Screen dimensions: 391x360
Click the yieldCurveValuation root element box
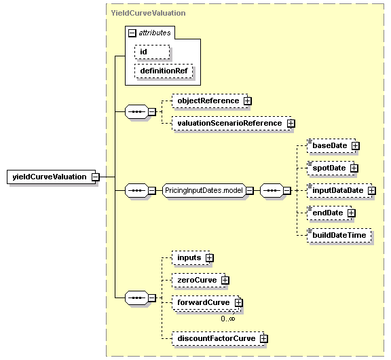[51, 177]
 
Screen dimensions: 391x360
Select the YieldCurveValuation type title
[149, 13]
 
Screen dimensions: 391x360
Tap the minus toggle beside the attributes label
[132, 33]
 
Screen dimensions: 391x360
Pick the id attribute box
[152, 52]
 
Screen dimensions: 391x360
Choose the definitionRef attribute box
[164, 71]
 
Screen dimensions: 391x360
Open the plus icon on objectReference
[248, 101]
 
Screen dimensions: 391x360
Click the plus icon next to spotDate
[354, 168]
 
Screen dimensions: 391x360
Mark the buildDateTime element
[339, 235]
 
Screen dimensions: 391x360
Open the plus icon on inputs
[210, 257]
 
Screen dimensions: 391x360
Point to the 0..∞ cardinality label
[228, 319]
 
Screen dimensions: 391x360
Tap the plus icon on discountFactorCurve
[264, 338]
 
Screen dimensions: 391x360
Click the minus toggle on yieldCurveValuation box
[96, 177]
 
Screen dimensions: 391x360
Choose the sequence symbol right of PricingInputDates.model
[272, 191]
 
